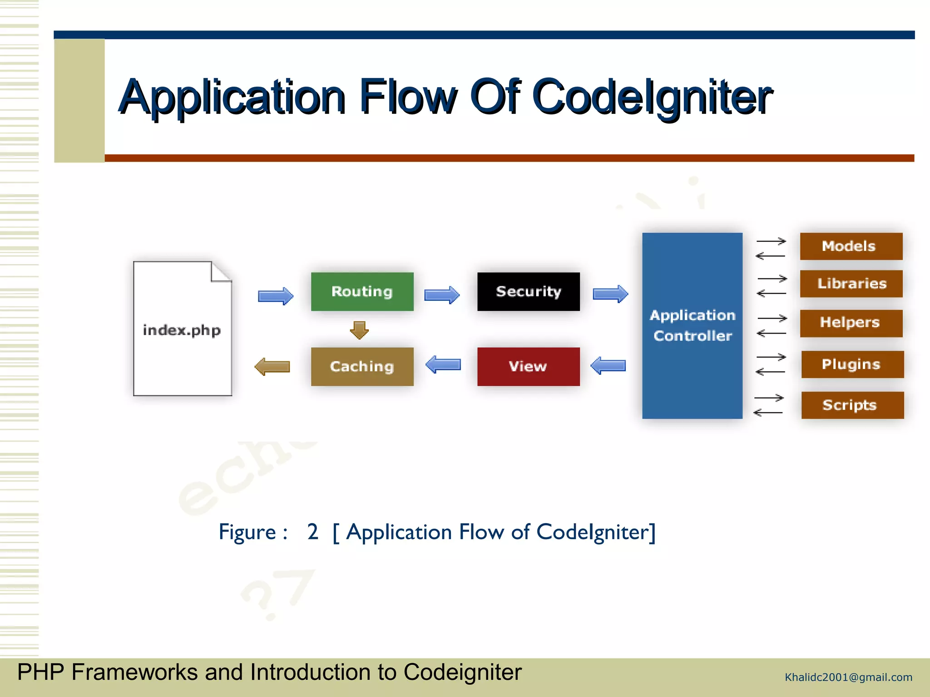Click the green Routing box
click(362, 291)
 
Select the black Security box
click(528, 291)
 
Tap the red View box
click(528, 366)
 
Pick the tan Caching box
click(362, 366)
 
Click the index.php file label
click(182, 330)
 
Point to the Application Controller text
click(692, 325)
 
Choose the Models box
click(851, 246)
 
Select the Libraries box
click(851, 284)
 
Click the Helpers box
click(851, 323)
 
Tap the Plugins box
click(852, 364)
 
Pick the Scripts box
click(852, 405)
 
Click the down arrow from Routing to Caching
click(359, 330)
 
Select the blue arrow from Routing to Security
click(442, 295)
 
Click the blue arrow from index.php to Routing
click(276, 296)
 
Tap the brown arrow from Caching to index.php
click(272, 366)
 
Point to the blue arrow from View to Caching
click(443, 364)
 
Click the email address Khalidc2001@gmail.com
click(848, 677)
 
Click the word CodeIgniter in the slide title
click(652, 97)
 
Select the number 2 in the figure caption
click(312, 532)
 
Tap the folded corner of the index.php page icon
click(221, 272)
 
